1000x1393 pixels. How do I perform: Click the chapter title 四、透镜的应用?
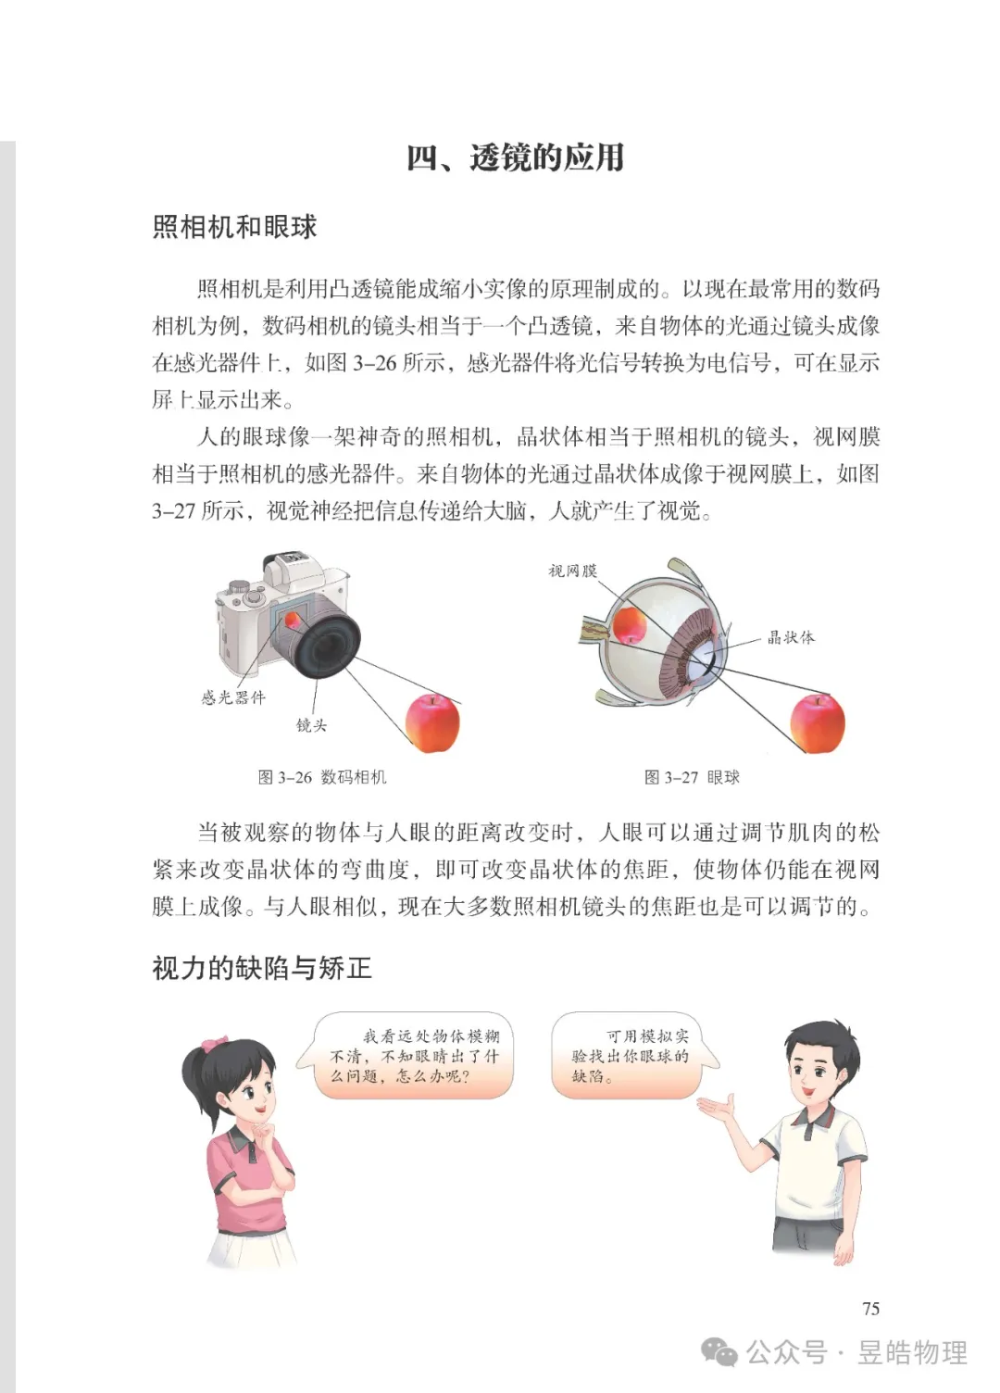515,158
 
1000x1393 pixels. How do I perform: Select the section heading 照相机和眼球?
234,227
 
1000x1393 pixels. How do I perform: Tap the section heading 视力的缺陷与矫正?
262,969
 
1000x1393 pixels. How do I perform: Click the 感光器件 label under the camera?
233,697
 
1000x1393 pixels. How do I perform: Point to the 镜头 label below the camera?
311,725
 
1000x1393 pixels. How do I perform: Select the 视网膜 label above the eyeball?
572,571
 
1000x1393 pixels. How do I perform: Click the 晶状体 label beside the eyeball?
791,637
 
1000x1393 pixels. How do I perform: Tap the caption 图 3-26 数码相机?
322,777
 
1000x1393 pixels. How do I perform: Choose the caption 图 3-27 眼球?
692,777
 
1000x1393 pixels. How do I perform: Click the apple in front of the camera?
432,723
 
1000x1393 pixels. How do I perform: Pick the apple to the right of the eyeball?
817,723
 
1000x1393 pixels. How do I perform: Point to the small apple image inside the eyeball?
630,623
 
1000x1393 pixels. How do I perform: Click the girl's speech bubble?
412,1056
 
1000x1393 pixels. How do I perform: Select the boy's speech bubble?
631,1056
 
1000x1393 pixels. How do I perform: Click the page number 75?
870,1309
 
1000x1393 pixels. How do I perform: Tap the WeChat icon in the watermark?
719,1352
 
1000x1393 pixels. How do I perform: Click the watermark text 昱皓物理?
912,1352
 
